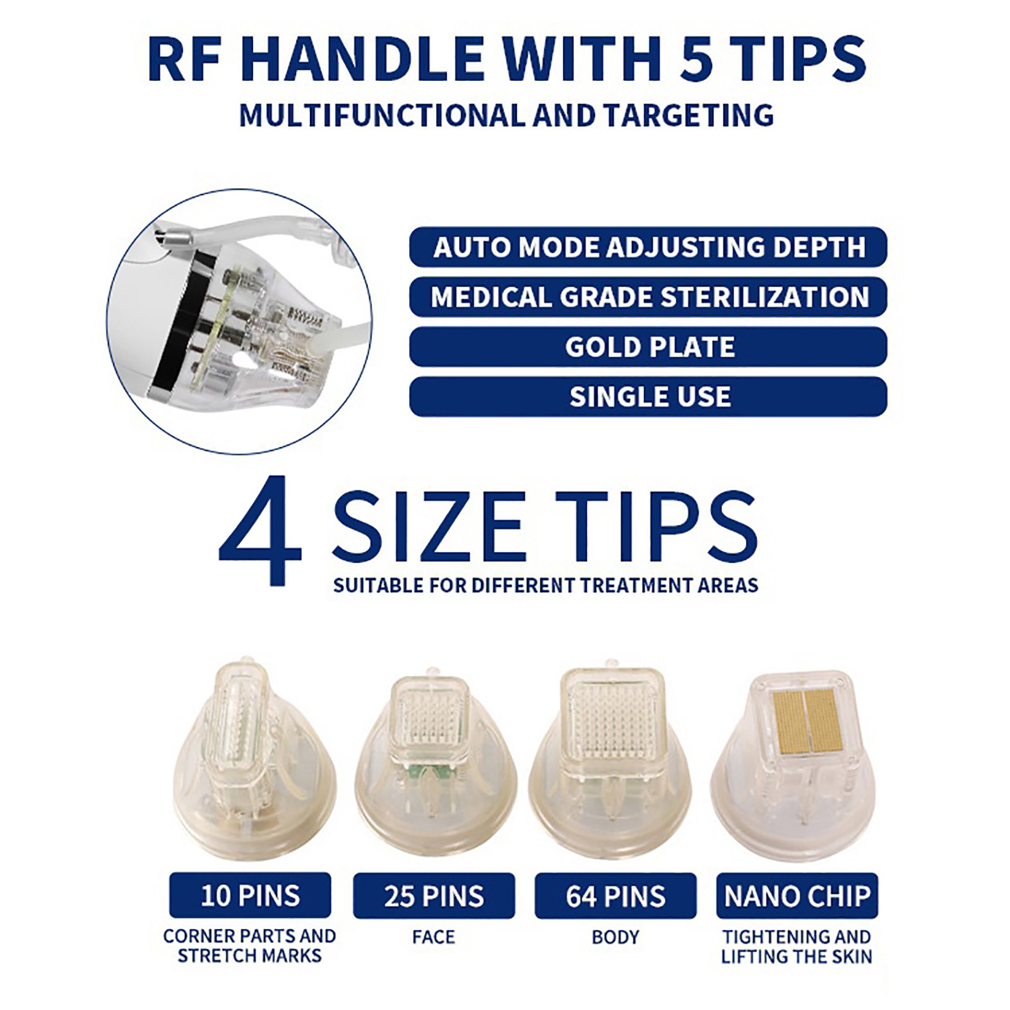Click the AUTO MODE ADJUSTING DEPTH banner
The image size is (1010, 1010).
pyautogui.click(x=648, y=247)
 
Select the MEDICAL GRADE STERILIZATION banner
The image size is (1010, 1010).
pyautogui.click(x=648, y=297)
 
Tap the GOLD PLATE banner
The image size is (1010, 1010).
pyautogui.click(x=648, y=347)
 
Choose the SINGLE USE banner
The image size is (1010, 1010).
pyautogui.click(x=648, y=396)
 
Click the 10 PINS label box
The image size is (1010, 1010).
pyautogui.click(x=250, y=895)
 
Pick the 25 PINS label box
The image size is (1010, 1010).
pyautogui.click(x=434, y=896)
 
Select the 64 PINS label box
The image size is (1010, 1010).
pyautogui.click(x=615, y=896)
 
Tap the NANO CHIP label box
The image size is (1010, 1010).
pyautogui.click(x=797, y=896)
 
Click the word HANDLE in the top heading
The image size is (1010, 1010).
pyautogui.click(x=362, y=59)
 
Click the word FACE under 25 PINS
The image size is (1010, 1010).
pyautogui.click(x=434, y=937)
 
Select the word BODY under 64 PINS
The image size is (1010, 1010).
pyautogui.click(x=615, y=937)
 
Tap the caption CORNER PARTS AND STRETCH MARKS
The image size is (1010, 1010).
pyautogui.click(x=250, y=946)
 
